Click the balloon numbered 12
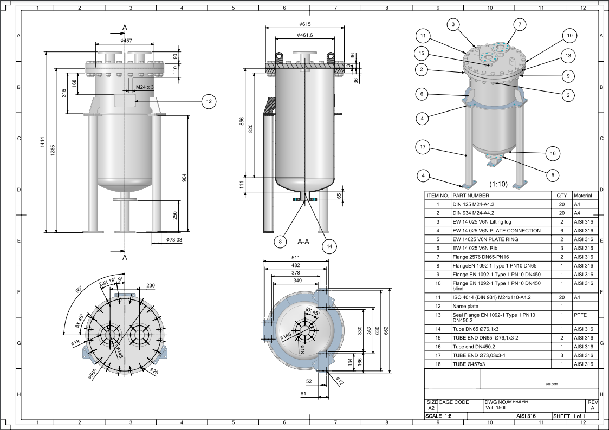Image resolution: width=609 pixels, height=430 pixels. coord(209,101)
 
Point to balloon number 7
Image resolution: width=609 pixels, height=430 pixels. coord(519,24)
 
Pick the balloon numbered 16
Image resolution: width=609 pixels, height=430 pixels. coord(553,153)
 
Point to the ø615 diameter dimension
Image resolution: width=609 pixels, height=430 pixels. coord(304,24)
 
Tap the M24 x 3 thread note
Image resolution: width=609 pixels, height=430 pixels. coord(145,87)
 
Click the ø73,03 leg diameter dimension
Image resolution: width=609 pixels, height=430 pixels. coord(174,239)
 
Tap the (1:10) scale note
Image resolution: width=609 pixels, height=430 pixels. coord(498,184)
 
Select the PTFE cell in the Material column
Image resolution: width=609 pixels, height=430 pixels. coord(580,314)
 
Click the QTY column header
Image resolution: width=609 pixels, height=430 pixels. coord(561,196)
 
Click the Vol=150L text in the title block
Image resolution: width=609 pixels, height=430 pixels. coord(495,408)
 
